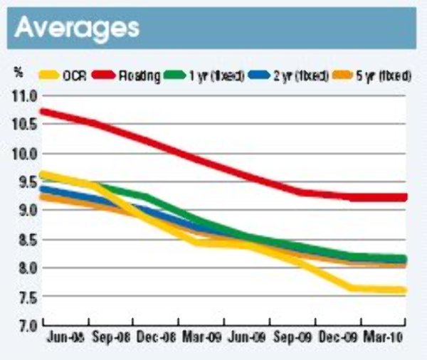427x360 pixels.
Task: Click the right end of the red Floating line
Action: [x=404, y=197]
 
